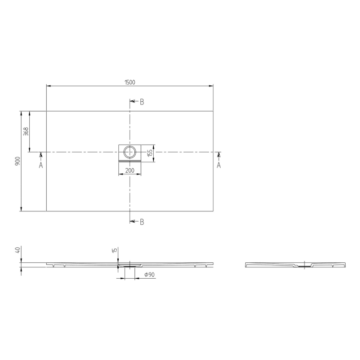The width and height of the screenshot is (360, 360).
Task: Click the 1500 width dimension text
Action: (x=130, y=82)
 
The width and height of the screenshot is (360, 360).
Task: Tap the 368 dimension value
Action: (x=26, y=131)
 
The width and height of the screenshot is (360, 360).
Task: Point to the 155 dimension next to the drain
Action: (x=150, y=153)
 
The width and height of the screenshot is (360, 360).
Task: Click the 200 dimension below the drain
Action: (x=130, y=170)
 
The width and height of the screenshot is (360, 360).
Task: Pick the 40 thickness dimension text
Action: (x=17, y=250)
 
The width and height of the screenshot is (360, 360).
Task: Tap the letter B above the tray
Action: (x=142, y=102)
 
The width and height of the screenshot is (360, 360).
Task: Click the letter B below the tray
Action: (x=142, y=222)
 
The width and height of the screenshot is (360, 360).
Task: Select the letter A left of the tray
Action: (x=41, y=165)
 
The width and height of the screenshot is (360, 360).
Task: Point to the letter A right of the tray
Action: (x=219, y=165)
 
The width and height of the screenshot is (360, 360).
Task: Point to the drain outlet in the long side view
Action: (x=128, y=266)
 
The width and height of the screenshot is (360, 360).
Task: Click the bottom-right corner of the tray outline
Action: (x=213, y=211)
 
